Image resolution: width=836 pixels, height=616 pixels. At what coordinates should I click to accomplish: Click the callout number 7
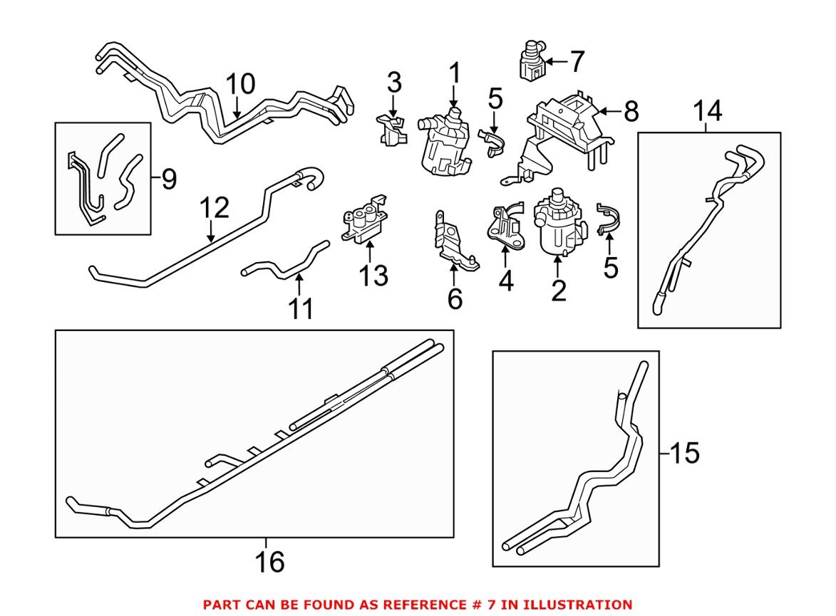click(576, 62)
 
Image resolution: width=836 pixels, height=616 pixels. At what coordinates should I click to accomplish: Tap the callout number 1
click(454, 74)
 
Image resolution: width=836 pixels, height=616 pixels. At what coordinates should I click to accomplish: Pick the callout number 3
click(394, 83)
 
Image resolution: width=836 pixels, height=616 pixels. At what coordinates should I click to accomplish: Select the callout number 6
click(454, 299)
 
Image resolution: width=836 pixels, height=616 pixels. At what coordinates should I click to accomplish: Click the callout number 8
click(630, 111)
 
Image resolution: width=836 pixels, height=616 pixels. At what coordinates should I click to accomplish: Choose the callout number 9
click(167, 179)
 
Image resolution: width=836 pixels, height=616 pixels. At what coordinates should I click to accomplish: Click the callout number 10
click(240, 85)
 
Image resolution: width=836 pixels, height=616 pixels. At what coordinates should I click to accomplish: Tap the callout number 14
click(707, 111)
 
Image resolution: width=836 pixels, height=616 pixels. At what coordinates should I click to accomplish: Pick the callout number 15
click(684, 453)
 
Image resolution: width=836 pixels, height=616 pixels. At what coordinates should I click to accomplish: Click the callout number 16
click(269, 562)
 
